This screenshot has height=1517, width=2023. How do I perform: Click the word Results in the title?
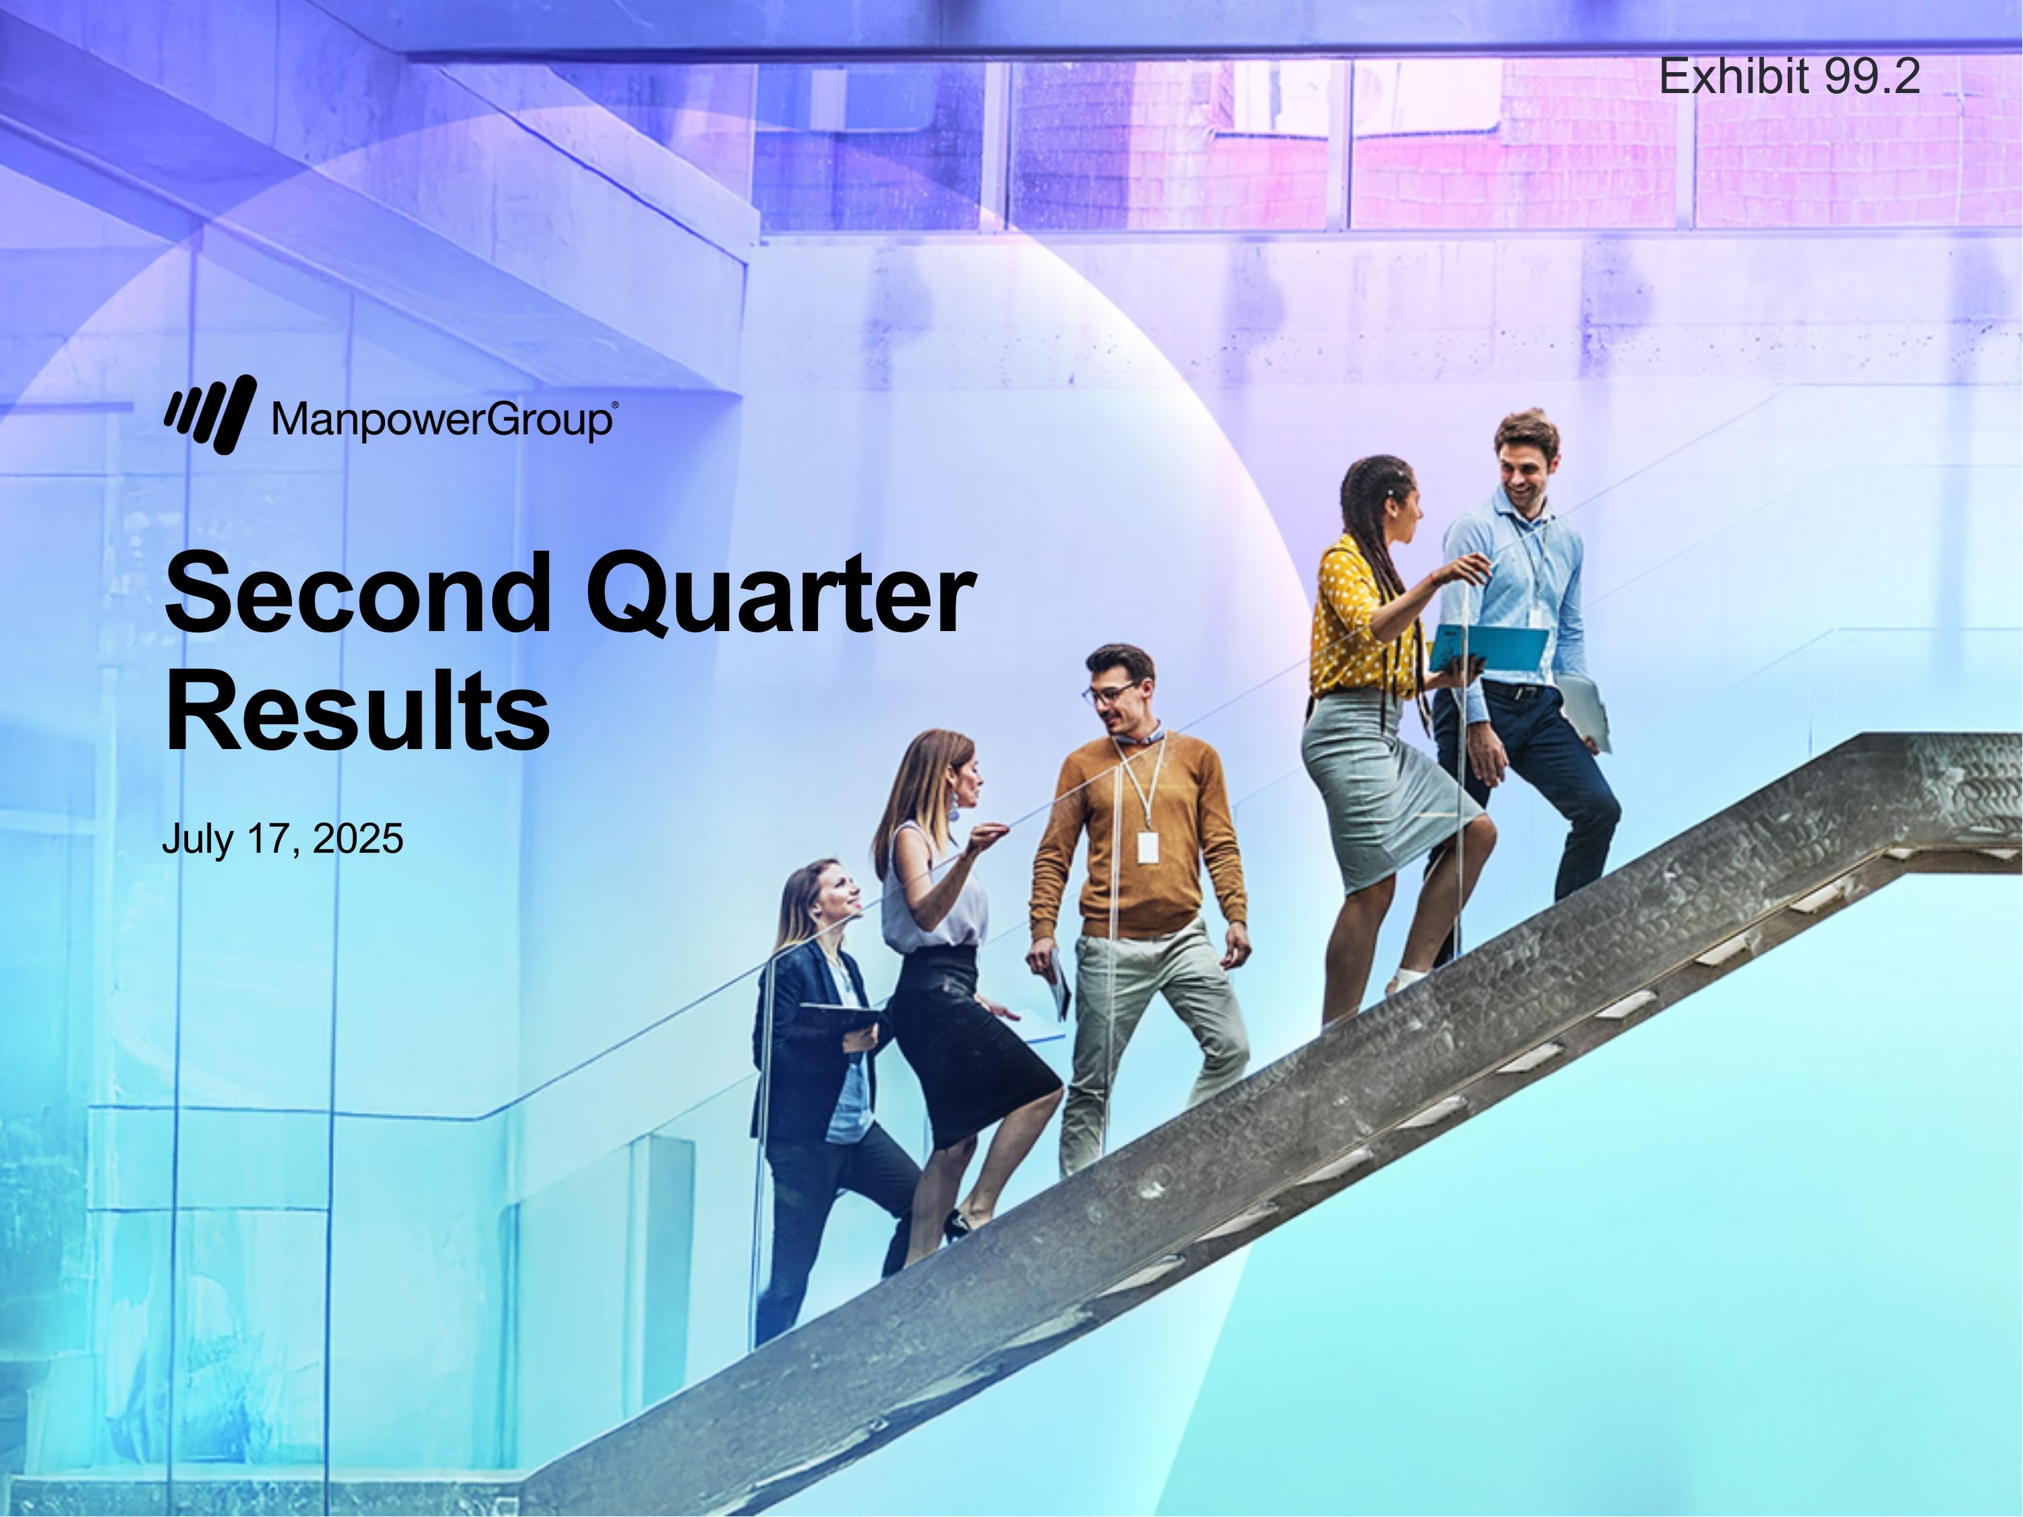(357, 711)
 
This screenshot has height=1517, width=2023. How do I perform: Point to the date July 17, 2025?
(282, 839)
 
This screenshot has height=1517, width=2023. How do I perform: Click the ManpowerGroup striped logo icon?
(210, 414)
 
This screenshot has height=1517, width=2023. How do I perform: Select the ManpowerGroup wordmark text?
(442, 421)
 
